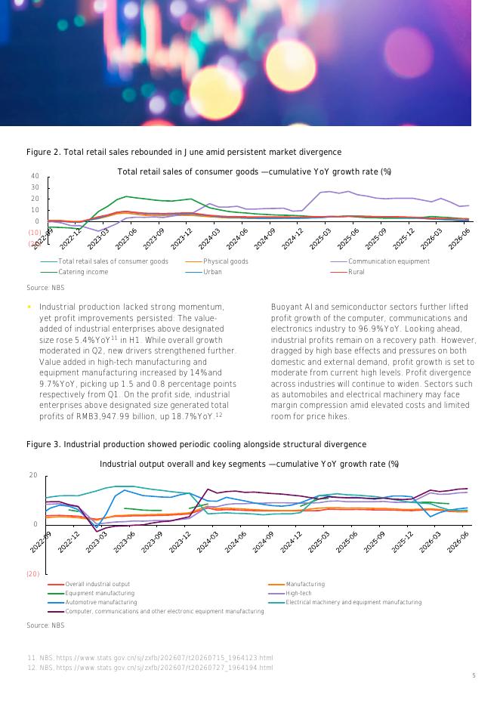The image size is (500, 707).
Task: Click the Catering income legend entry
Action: tap(74, 272)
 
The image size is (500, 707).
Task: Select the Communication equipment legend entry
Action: tap(380, 261)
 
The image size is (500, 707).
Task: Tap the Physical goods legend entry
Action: tap(217, 261)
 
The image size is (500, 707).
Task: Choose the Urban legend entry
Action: tap(203, 272)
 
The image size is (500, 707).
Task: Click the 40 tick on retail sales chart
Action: tap(35, 176)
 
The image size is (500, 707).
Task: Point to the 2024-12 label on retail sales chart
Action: tap(293, 239)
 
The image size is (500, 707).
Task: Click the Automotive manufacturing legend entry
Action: tap(92, 602)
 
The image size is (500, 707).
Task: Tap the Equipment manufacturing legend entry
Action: tap(91, 593)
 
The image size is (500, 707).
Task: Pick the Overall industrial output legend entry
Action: tap(89, 584)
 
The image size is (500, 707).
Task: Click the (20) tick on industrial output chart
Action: tap(33, 573)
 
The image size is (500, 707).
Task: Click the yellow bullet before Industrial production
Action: tap(29, 307)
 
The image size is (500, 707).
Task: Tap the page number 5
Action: tap(474, 675)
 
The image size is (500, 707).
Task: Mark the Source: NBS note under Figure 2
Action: tap(45, 287)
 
